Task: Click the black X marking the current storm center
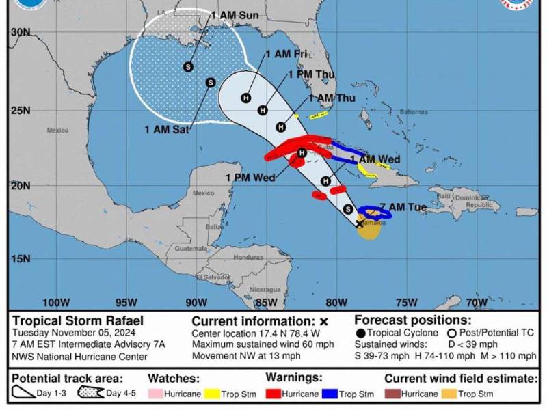tap(360, 223)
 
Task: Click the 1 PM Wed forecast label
tap(250, 178)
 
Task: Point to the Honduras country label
tap(248, 258)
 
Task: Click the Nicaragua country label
tap(265, 289)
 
